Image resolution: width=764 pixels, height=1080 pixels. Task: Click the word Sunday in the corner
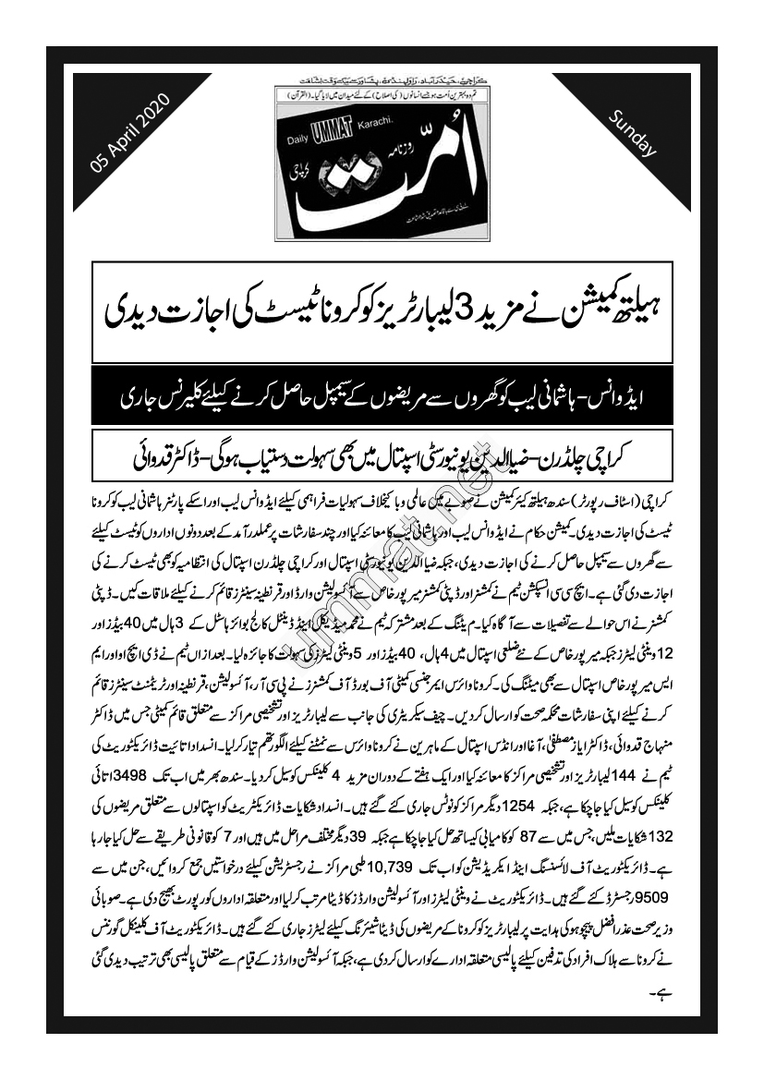(633, 133)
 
